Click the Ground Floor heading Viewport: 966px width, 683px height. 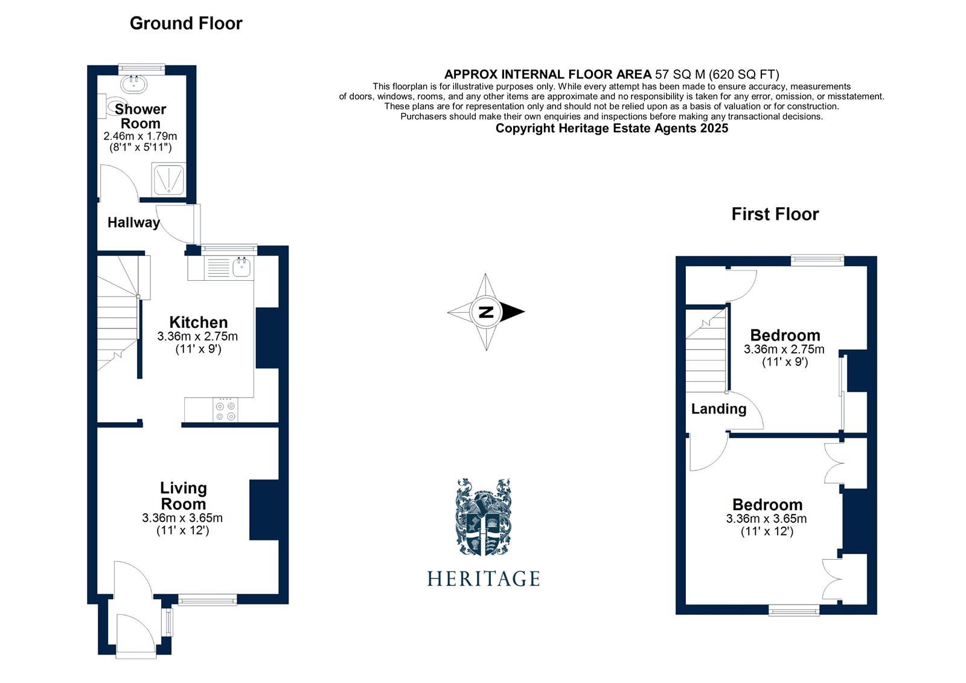coord(186,24)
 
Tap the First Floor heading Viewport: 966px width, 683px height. coord(775,214)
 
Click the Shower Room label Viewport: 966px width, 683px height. coord(140,116)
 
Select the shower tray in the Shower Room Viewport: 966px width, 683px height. coord(168,179)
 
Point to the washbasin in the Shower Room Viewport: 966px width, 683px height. coord(134,83)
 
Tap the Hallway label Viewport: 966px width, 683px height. coord(133,223)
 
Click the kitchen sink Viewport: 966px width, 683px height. coord(242,267)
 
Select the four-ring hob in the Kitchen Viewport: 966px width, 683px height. coord(225,411)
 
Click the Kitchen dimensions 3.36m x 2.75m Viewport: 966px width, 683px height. coord(197,336)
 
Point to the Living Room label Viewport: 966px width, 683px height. coord(183,496)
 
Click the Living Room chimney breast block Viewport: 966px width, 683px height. coord(264,510)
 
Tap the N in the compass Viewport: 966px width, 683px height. coord(486,312)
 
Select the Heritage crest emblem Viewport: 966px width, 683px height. coord(483,517)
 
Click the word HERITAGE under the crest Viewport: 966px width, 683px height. coord(483,579)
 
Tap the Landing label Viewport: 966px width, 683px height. coord(718,409)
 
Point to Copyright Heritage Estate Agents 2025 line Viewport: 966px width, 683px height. coord(612,129)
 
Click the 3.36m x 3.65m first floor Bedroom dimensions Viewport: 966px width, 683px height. coord(766,519)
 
